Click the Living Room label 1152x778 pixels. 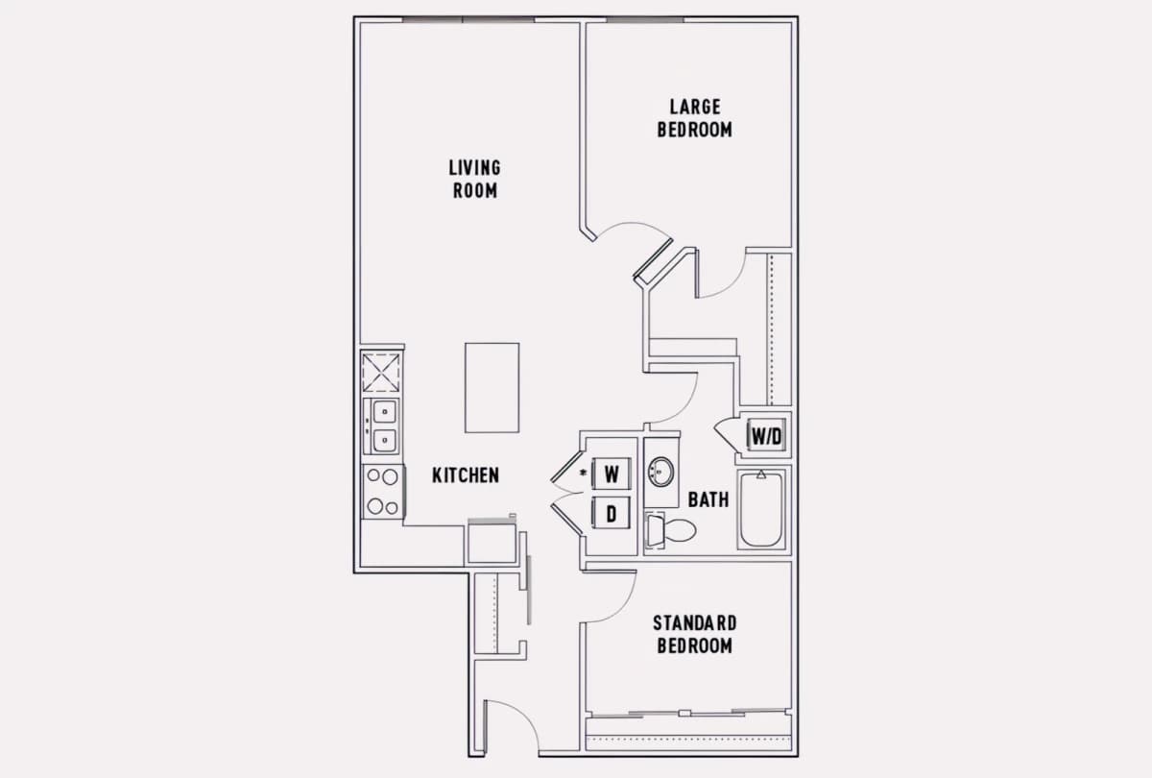tap(474, 179)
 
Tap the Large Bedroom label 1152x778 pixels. tap(695, 118)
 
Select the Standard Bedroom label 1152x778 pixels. tap(695, 635)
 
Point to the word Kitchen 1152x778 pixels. tap(466, 475)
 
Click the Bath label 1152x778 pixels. tap(708, 499)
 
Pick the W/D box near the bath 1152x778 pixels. tap(766, 436)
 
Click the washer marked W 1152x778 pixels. tap(611, 474)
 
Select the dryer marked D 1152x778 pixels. tap(611, 513)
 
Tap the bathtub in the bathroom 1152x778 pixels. tap(761, 509)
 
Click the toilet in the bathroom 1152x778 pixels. tap(671, 530)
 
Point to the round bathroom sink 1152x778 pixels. tap(660, 472)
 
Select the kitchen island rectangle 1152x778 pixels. tap(492, 388)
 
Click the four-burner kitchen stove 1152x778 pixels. tap(383, 492)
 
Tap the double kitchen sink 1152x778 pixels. tap(381, 426)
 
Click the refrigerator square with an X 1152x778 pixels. tap(381, 372)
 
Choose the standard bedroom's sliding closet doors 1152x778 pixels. tap(688, 713)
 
